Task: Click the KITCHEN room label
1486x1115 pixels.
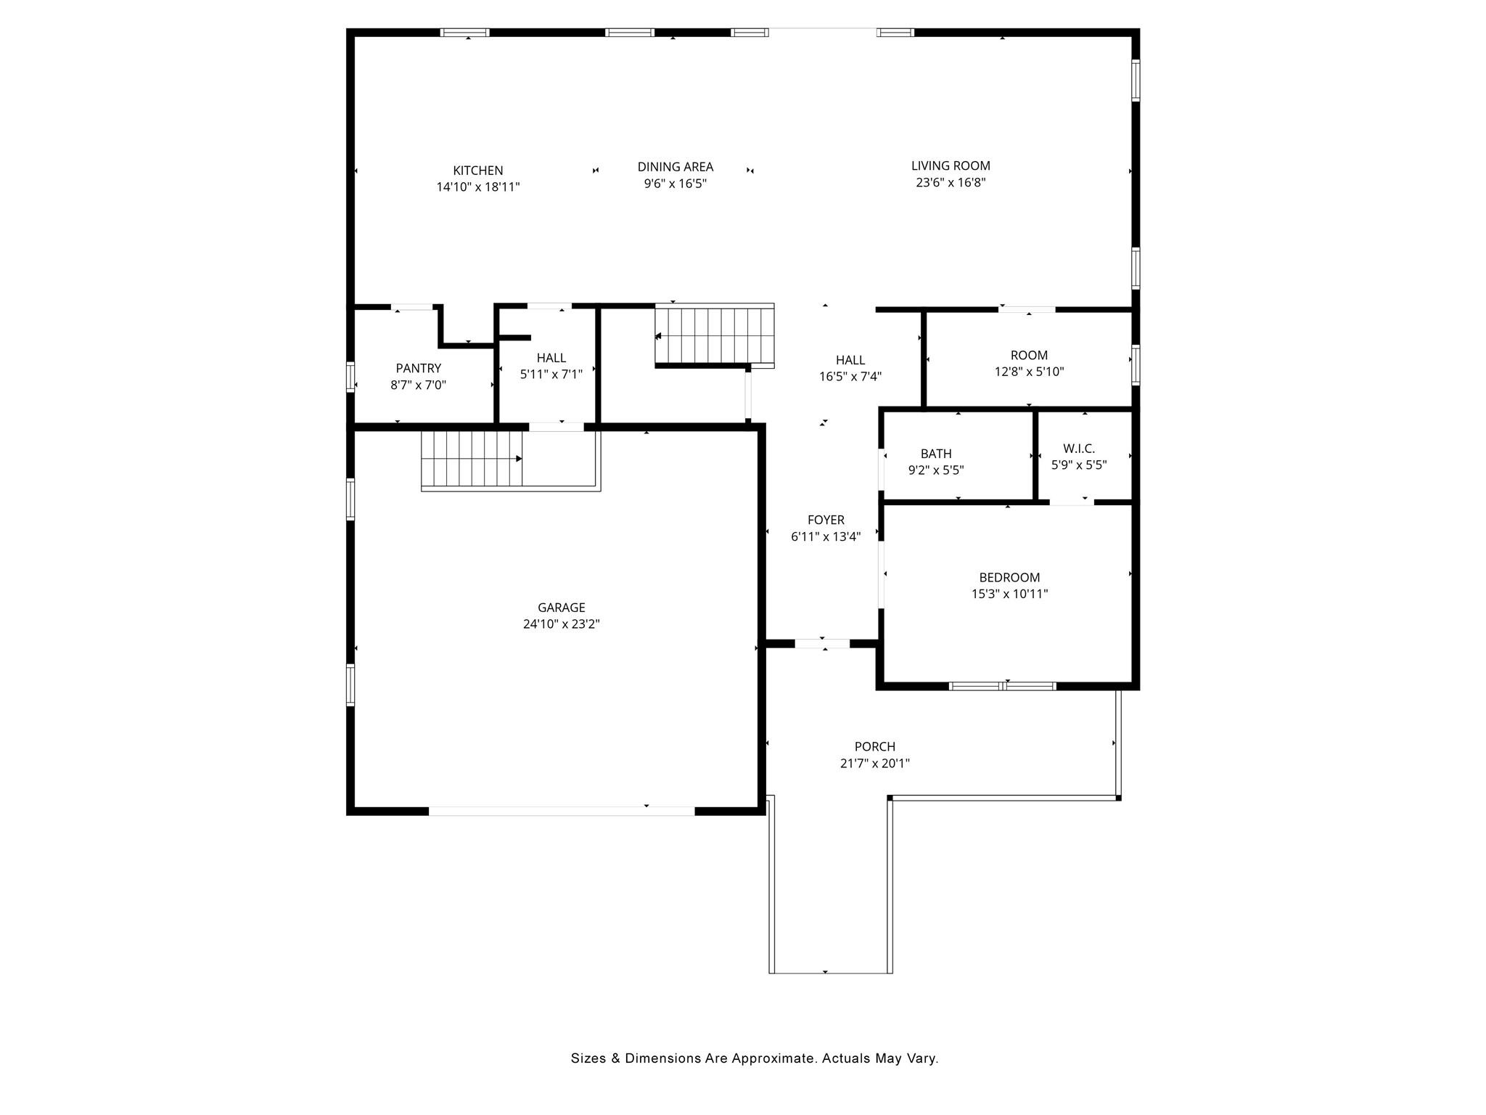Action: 477,171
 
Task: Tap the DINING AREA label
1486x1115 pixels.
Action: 676,167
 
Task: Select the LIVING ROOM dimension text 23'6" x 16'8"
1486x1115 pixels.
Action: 951,182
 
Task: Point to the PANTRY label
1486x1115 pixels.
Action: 419,369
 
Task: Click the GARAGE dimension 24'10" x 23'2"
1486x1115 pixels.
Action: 562,624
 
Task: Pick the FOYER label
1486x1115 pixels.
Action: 826,520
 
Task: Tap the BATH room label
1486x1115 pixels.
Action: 936,454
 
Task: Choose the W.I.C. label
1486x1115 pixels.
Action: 1079,449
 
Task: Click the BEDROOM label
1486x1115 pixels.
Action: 1009,578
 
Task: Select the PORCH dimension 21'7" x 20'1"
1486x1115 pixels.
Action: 875,763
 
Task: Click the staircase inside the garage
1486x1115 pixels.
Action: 472,460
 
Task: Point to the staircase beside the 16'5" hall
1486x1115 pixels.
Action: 715,335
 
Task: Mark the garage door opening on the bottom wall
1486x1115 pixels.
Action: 562,811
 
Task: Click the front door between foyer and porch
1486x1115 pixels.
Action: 822,644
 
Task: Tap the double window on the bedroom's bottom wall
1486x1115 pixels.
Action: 1003,686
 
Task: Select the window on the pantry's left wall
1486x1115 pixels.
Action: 350,377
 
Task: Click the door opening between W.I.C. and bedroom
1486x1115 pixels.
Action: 1072,502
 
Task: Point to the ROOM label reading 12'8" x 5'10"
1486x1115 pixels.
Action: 1029,356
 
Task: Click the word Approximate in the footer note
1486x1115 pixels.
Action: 773,1059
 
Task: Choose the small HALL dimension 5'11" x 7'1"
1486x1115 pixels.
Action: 551,375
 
